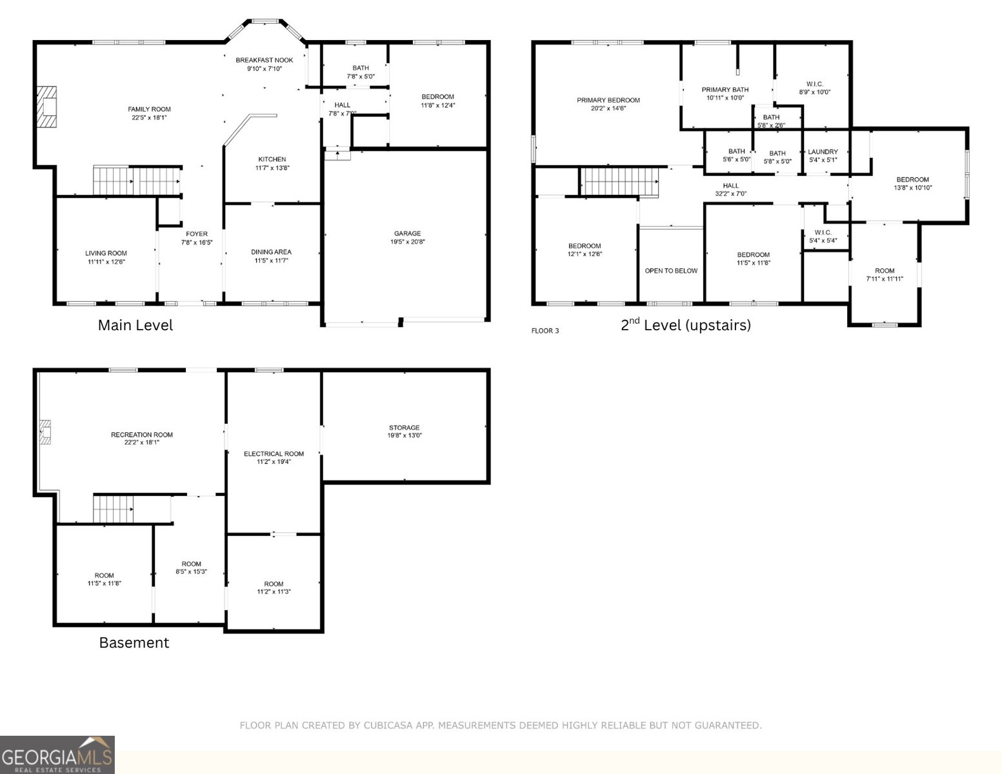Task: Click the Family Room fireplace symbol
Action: (x=46, y=107)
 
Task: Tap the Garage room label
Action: (x=407, y=233)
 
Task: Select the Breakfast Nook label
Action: (x=264, y=60)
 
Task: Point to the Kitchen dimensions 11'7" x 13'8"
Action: (x=272, y=168)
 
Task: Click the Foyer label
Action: (x=197, y=234)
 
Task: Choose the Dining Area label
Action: (x=271, y=252)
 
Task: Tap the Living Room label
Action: (x=106, y=253)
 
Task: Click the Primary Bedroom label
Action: (x=608, y=100)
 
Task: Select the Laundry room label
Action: (x=823, y=152)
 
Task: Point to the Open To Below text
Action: (x=671, y=271)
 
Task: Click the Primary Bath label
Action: (x=725, y=90)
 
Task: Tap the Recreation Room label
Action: (x=141, y=435)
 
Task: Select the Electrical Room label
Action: (x=274, y=453)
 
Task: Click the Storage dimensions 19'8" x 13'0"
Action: (x=404, y=435)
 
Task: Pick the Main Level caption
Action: (x=135, y=325)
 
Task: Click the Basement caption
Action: (x=134, y=642)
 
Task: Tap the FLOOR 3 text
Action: (x=545, y=331)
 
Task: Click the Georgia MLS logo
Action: (x=57, y=755)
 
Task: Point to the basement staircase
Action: (x=113, y=509)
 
